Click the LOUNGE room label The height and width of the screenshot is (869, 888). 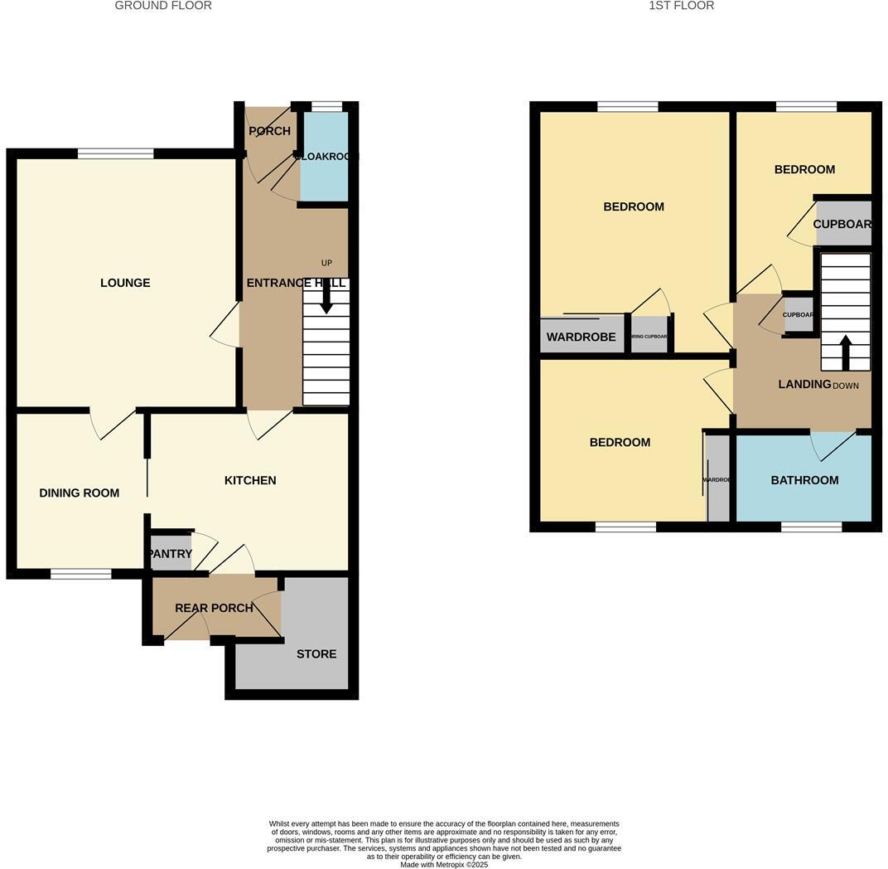click(x=125, y=283)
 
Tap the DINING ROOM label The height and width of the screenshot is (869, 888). click(x=80, y=493)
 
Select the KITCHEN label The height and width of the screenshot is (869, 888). click(x=250, y=480)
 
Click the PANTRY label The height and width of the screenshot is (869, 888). click(x=170, y=554)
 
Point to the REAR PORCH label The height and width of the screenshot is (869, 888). click(x=214, y=608)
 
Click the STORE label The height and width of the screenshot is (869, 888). click(x=316, y=653)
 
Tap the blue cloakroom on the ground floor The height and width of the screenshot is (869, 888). click(x=324, y=158)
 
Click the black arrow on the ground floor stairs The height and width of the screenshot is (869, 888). click(x=326, y=297)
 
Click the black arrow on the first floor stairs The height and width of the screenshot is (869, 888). click(x=846, y=352)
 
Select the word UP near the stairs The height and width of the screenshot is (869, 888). click(x=326, y=263)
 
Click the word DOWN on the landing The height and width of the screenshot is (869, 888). click(x=846, y=386)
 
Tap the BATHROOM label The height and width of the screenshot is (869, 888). click(x=804, y=480)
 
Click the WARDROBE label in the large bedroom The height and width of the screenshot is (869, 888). click(x=581, y=337)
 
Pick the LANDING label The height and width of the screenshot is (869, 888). click(x=804, y=384)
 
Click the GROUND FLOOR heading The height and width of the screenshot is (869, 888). click(x=163, y=6)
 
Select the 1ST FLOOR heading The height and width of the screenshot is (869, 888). click(x=681, y=6)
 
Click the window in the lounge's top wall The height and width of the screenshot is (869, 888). click(x=116, y=153)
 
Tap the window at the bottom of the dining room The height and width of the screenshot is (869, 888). click(x=81, y=574)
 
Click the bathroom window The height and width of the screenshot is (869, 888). click(x=812, y=527)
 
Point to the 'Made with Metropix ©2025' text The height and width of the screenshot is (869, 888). click(x=444, y=864)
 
